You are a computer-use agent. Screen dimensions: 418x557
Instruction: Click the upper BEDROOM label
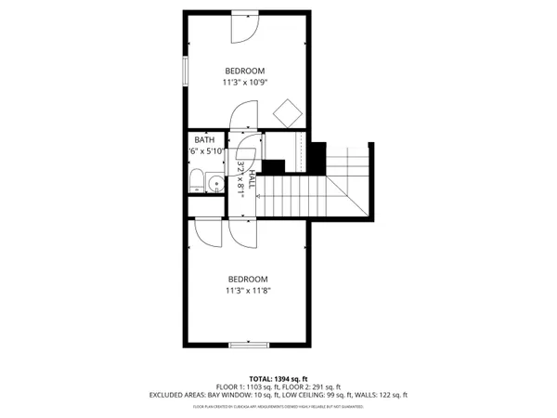(x=245, y=71)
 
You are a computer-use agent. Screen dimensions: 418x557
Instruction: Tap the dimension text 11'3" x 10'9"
(x=245, y=83)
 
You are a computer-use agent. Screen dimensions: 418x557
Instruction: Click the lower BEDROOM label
(x=248, y=279)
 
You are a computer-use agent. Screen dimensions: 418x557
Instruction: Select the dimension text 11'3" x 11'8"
(x=248, y=291)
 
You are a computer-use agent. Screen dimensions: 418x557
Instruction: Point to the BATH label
(x=203, y=140)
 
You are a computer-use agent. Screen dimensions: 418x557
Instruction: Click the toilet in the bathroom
(x=197, y=181)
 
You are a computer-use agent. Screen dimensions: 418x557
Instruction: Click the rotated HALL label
(x=252, y=177)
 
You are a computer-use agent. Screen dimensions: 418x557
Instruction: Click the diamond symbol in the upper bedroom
(x=287, y=111)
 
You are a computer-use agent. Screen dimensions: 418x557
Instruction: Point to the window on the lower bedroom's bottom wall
(x=249, y=346)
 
